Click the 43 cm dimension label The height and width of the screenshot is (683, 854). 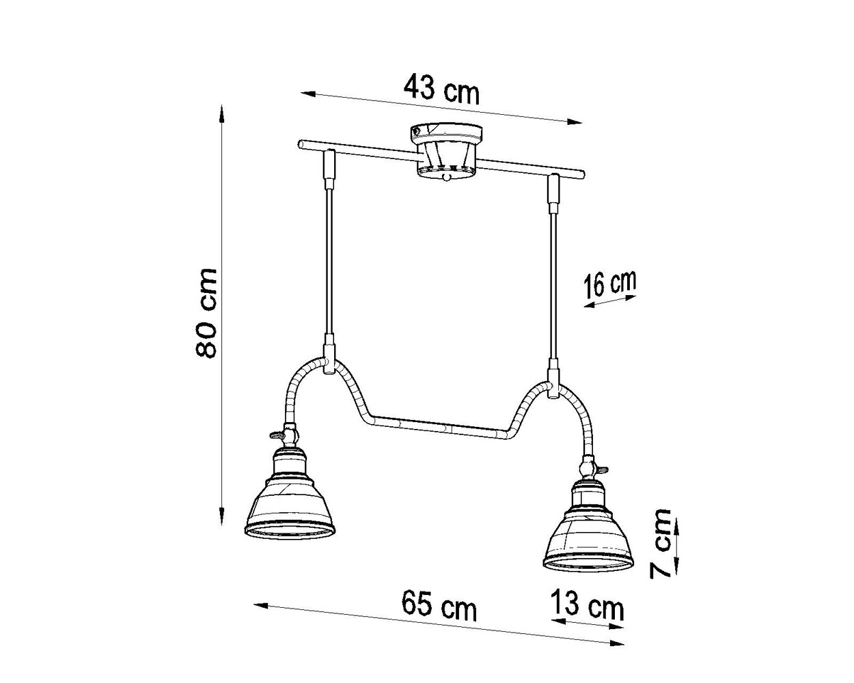(441, 89)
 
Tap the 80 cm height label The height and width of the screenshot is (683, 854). (206, 313)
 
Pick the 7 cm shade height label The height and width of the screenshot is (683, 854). (661, 543)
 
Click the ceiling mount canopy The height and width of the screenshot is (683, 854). (445, 151)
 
